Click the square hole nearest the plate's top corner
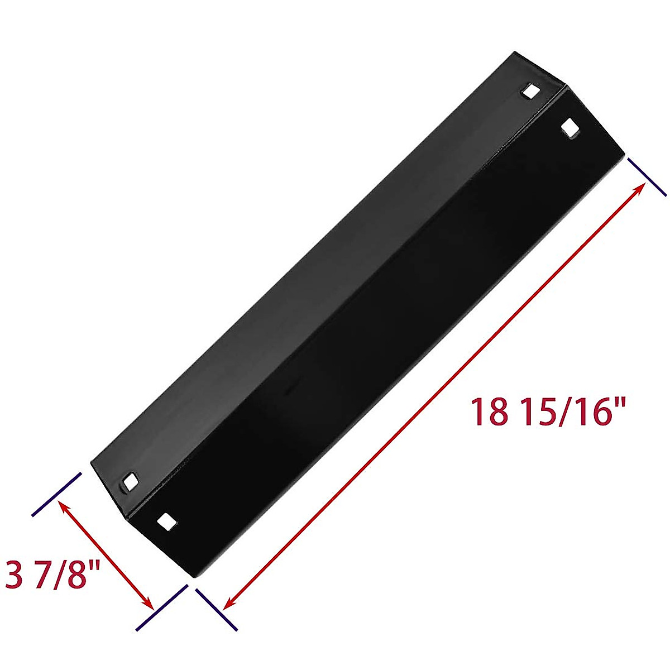coord(531,92)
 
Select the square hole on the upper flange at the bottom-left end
coord(131,482)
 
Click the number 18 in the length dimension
coord(490,412)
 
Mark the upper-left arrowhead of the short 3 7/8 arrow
coord(63,506)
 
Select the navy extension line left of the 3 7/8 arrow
coord(57,495)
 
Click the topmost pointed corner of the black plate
coord(514,53)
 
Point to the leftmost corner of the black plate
coord(91,461)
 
